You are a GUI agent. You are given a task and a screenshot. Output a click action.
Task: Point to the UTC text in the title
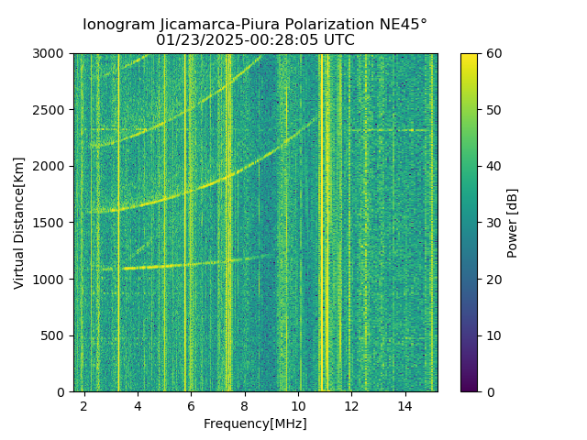(x=337, y=40)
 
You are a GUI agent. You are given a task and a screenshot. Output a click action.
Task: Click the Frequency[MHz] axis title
(x=255, y=423)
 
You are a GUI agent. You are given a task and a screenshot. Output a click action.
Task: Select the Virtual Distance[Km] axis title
(x=19, y=223)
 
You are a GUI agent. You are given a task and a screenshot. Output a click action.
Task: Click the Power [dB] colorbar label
(x=512, y=223)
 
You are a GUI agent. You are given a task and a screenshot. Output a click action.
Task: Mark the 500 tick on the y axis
(x=56, y=335)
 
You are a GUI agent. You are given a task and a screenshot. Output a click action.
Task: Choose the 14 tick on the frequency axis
(x=404, y=405)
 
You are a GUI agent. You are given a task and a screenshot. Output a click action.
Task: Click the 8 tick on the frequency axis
(x=244, y=405)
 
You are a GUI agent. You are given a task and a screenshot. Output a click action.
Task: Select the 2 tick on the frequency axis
(x=83, y=405)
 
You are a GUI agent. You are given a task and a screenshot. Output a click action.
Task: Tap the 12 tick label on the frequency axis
(x=351, y=405)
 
